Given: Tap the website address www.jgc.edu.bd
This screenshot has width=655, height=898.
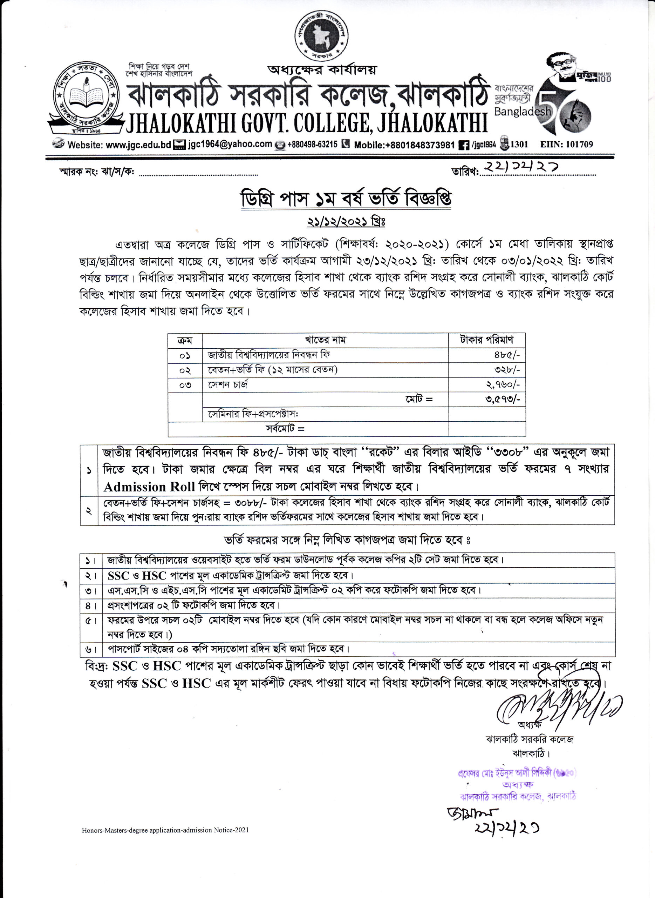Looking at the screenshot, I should [x=138, y=145].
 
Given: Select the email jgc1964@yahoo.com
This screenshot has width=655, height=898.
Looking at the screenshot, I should [x=230, y=144].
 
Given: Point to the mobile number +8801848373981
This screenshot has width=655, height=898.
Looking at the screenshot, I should [x=404, y=145].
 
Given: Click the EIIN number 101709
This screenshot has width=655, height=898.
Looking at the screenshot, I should [x=567, y=145].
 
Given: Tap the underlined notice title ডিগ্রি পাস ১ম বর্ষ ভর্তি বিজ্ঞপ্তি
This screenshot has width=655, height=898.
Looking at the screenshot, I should [x=346, y=199].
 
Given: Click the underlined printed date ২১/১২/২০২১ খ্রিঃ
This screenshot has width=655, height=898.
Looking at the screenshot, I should [x=346, y=221].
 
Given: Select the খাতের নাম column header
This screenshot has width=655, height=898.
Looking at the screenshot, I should [x=325, y=340].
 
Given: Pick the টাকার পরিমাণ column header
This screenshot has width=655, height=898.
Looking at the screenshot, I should [x=486, y=340].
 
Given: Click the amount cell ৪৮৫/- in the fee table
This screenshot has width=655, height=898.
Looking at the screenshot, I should [x=506, y=355].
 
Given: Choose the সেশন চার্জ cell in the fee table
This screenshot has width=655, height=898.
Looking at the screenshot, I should [x=228, y=384].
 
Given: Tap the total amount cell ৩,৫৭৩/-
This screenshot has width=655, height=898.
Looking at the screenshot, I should [x=502, y=400].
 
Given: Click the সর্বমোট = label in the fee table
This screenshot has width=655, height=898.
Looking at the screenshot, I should [x=285, y=429].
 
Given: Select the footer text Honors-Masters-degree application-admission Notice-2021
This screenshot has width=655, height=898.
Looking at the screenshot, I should [x=165, y=830].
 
